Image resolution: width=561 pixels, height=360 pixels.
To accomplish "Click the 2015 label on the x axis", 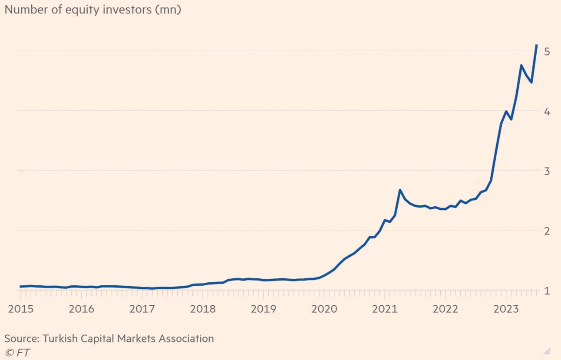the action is click(x=21, y=309).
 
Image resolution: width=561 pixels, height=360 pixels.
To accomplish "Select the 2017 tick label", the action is click(x=142, y=309).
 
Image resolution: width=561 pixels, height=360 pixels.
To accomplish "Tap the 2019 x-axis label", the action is click(x=264, y=309).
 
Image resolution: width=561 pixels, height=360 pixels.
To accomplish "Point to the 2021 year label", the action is click(x=385, y=309).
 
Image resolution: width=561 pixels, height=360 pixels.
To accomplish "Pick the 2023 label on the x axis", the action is click(x=506, y=309).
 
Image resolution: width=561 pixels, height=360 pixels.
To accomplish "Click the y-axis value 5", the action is click(x=547, y=52).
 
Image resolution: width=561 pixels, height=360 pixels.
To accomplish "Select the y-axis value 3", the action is click(x=547, y=172).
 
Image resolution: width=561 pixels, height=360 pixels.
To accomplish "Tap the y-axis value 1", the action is click(x=547, y=291).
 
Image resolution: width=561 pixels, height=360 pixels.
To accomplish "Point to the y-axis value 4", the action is click(x=547, y=112).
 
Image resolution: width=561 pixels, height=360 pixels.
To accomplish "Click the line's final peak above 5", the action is click(x=536, y=45).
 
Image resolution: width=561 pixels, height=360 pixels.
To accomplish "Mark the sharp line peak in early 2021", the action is click(x=400, y=190).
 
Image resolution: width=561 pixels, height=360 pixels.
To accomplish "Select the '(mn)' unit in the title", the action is click(x=168, y=10).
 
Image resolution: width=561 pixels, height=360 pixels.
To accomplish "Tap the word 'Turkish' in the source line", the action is click(x=60, y=338).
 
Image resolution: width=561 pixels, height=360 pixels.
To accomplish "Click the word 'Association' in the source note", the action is click(x=186, y=338).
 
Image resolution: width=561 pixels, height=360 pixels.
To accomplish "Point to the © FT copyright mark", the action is click(x=17, y=353).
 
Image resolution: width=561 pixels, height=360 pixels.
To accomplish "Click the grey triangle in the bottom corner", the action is click(x=548, y=351).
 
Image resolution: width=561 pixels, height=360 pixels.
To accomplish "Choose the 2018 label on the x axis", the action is click(x=203, y=309).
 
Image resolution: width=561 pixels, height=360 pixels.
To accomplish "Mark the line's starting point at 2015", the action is click(x=20, y=286).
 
